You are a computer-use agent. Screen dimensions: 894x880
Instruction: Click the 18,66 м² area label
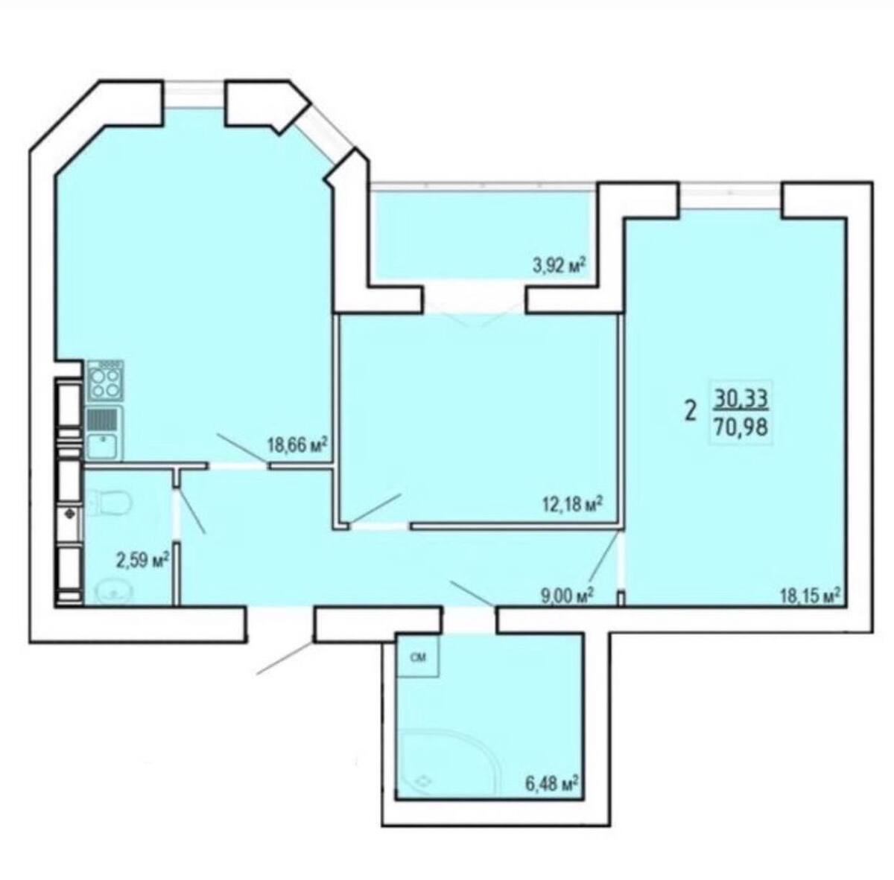[x=297, y=445]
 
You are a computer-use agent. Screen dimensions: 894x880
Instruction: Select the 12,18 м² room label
[x=573, y=503]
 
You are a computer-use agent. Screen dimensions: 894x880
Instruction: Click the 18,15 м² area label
[x=811, y=594]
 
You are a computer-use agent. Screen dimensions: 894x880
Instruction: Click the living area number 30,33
[x=741, y=399]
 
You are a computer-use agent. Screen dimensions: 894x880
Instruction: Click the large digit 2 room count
[x=691, y=412]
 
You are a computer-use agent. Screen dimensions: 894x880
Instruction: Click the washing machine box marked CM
[x=419, y=657]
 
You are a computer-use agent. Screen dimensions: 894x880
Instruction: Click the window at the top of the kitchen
[x=194, y=94]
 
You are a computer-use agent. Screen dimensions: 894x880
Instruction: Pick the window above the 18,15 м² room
[x=731, y=195]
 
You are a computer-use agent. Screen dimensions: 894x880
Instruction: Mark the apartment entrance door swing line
[x=285, y=658]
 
